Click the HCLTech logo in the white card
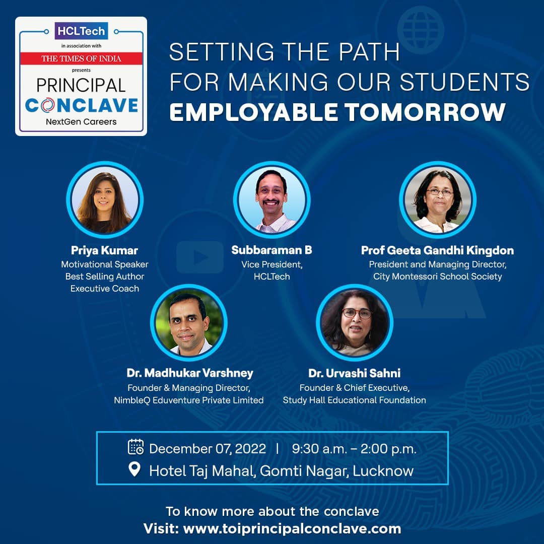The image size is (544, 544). pyautogui.click(x=81, y=31)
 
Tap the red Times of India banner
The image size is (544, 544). pyautogui.click(x=81, y=58)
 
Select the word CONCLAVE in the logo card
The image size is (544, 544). pyautogui.click(x=82, y=105)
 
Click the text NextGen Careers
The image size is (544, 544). pyautogui.click(x=81, y=122)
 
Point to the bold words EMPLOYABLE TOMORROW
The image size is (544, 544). pyautogui.click(x=337, y=112)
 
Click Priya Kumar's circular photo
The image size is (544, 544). pyautogui.click(x=104, y=200)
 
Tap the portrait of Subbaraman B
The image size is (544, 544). pyautogui.click(x=271, y=200)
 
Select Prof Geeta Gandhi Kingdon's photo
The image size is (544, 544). pyautogui.click(x=438, y=200)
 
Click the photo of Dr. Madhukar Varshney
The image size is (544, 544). pyautogui.click(x=189, y=323)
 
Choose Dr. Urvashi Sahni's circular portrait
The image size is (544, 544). pyautogui.click(x=354, y=323)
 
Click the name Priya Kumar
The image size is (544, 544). pyautogui.click(x=104, y=250)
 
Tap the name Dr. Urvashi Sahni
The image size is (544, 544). pyautogui.click(x=354, y=373)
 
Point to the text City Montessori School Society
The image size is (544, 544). pyautogui.click(x=438, y=277)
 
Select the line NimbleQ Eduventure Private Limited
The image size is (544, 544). pyautogui.click(x=189, y=400)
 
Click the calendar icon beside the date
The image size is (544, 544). pyautogui.click(x=135, y=447)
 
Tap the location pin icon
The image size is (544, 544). pyautogui.click(x=134, y=469)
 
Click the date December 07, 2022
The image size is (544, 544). pyautogui.click(x=208, y=449)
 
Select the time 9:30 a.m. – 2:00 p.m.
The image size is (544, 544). pyautogui.click(x=354, y=449)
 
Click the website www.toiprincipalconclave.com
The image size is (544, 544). pyautogui.click(x=292, y=529)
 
